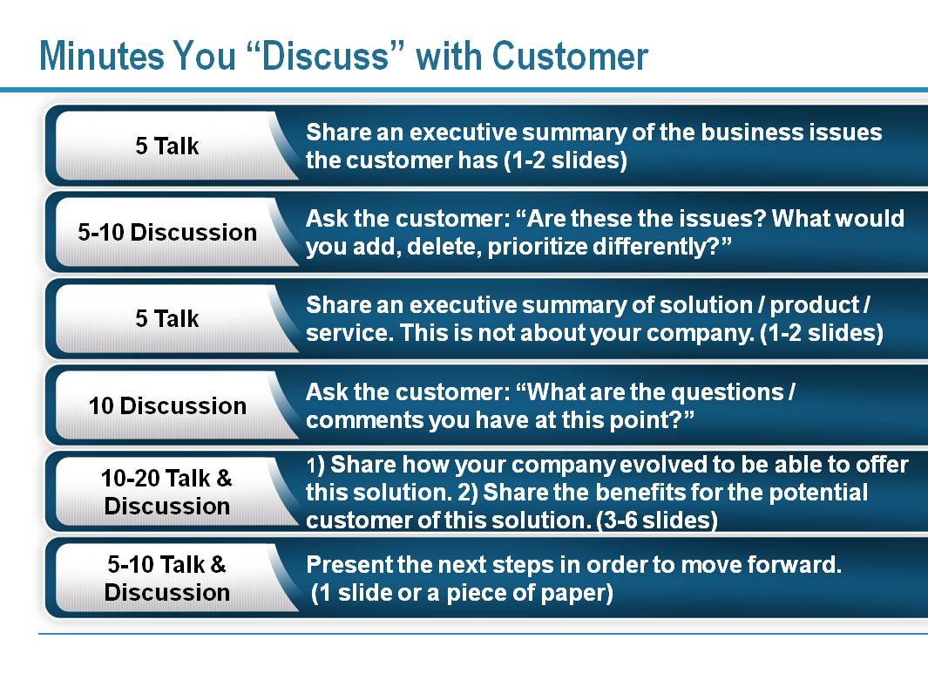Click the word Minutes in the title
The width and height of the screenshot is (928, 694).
tap(102, 57)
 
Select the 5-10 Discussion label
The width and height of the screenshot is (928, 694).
tap(167, 232)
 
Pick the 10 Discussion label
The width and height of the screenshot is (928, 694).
tap(167, 405)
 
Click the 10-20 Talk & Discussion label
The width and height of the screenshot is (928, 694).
tap(167, 492)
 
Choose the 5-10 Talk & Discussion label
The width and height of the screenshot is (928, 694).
tap(167, 578)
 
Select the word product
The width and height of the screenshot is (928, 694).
tap(815, 305)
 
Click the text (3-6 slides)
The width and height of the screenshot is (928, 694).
tap(657, 520)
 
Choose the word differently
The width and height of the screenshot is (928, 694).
tap(662, 247)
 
